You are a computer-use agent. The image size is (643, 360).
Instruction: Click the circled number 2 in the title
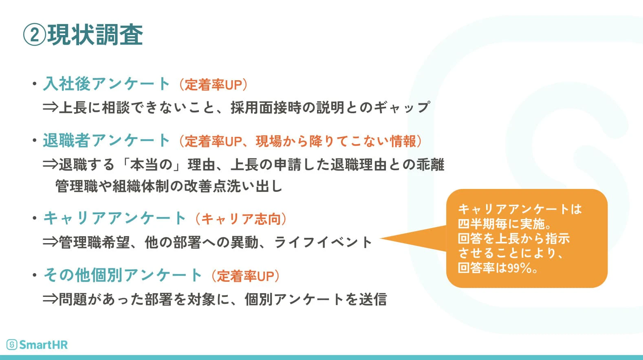35,35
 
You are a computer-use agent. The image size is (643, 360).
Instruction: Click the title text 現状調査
95,35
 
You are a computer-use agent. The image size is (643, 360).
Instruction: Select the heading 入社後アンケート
106,84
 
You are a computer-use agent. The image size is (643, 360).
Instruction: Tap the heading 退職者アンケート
106,140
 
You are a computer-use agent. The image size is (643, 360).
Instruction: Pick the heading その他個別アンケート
123,275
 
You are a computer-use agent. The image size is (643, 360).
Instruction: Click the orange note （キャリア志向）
241,219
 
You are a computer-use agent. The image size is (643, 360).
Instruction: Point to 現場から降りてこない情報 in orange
336,141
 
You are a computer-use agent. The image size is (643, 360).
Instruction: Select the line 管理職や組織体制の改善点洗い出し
169,186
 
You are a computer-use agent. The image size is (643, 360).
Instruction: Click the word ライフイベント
323,242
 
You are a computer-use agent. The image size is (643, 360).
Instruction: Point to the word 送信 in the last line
373,299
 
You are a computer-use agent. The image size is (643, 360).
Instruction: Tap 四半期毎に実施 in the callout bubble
501,224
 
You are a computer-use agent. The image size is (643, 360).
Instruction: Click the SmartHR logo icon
12,345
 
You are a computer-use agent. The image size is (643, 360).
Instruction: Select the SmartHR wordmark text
43,345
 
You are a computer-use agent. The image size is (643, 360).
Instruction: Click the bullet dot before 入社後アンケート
35,84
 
